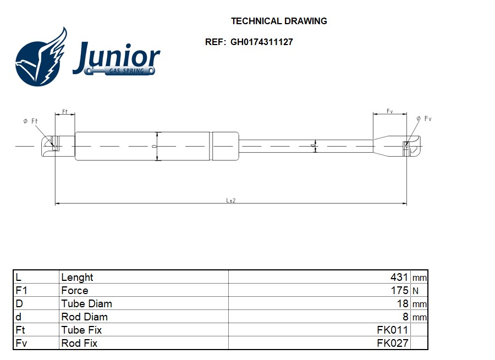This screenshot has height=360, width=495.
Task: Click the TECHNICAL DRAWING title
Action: click(279, 21)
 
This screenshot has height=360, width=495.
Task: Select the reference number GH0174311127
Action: click(262, 42)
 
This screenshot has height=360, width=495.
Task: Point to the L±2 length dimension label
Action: click(231, 201)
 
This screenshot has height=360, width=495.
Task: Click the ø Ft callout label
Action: click(30, 121)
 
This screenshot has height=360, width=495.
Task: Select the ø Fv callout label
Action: click(424, 119)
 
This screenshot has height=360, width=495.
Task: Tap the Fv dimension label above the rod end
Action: click(389, 111)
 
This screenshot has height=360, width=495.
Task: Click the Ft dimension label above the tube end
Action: click(65, 112)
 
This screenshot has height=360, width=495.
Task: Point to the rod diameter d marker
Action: click(312, 146)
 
